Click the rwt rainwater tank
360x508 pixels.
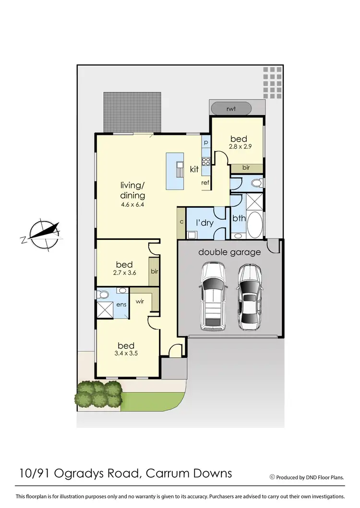click(x=231, y=108)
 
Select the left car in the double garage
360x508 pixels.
click(x=212, y=296)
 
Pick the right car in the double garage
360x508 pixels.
click(x=250, y=297)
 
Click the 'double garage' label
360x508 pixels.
click(x=229, y=252)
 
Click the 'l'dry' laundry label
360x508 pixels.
click(x=204, y=223)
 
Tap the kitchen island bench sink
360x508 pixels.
click(x=180, y=169)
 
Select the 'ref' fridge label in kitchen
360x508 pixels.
click(x=205, y=183)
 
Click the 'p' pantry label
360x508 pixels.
click(x=205, y=143)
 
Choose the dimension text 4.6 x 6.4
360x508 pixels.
click(x=132, y=204)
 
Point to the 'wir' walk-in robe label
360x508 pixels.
click(x=140, y=302)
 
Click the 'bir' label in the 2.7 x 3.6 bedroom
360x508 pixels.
click(x=155, y=272)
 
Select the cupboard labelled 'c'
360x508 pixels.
click(x=181, y=222)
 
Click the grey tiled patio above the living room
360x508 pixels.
click(x=132, y=112)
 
